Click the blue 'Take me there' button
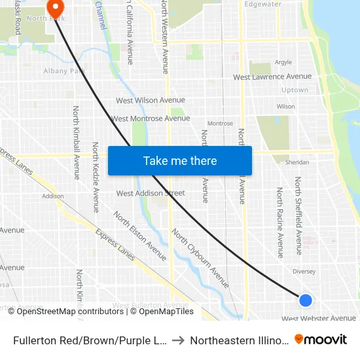179,160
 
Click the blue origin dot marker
306,300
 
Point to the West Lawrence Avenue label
272,77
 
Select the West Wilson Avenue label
151,100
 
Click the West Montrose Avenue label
151,118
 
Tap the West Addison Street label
151,193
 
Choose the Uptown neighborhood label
294,90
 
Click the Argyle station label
283,63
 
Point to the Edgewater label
262,4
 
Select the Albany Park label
61,71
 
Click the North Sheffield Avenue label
298,215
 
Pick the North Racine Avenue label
279,222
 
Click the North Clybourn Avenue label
200,258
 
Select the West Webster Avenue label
319,319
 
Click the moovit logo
321,340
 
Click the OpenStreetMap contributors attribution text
69,312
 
